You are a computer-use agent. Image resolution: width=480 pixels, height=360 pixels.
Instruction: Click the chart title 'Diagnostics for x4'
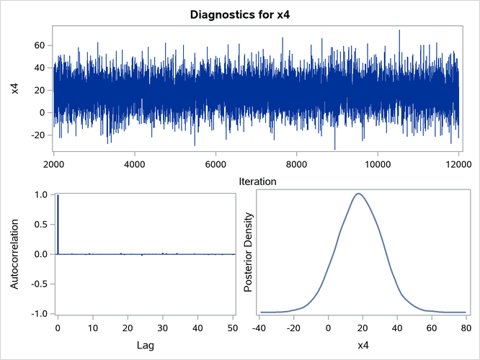point(240,14)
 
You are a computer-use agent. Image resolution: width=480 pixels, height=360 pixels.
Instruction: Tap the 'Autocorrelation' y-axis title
point(15,254)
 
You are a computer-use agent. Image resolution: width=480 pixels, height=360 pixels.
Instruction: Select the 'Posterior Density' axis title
point(249,254)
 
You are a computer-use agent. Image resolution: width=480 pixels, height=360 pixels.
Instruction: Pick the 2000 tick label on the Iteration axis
point(54,163)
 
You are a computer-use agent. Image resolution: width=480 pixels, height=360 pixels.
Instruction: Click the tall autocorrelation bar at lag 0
point(58,224)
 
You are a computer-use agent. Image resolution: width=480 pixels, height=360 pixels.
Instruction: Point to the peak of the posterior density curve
point(358,194)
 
